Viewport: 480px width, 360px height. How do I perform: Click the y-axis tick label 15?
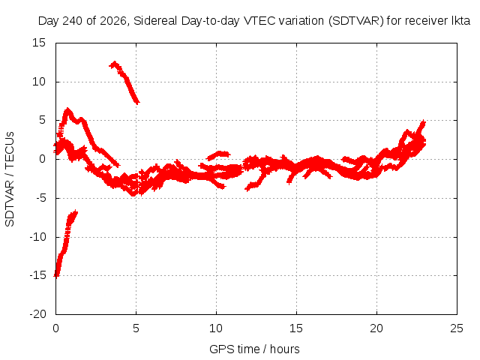39,43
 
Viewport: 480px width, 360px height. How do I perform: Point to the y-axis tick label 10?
39,82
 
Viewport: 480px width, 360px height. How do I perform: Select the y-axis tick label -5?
40,198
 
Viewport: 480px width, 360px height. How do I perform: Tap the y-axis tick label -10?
37,237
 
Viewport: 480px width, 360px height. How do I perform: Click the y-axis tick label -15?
37,275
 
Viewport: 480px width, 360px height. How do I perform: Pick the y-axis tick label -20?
37,314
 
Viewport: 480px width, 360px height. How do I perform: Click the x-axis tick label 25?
457,328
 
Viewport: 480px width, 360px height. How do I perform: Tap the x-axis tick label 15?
296,328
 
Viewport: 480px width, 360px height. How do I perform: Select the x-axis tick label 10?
216,328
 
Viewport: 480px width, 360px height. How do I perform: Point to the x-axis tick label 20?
376,328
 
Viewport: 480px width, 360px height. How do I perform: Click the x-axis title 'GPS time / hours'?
254,349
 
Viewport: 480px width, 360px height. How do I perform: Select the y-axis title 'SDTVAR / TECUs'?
10,179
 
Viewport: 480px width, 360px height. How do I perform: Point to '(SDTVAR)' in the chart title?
355,21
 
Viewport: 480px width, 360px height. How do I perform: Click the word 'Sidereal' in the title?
155,21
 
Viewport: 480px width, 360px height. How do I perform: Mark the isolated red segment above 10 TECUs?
124,82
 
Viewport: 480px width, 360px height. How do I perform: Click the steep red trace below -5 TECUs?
65,243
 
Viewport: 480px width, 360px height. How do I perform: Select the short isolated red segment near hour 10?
218,155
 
